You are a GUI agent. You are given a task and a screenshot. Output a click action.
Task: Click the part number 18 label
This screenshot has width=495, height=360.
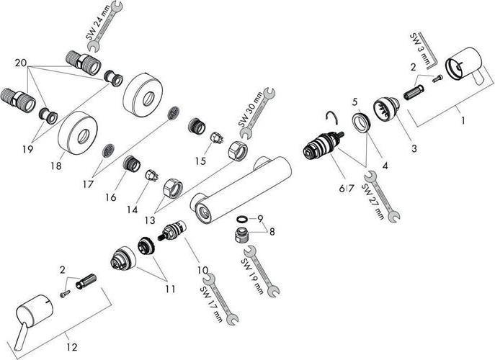coord(57,166)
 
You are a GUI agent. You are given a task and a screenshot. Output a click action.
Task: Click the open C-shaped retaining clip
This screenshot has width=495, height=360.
coord(331,119)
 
